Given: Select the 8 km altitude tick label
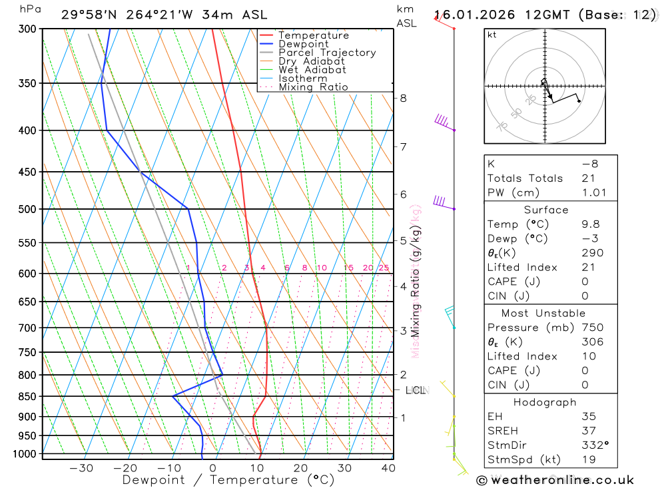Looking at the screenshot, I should (403, 98).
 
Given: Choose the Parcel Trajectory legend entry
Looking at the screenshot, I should (327, 53).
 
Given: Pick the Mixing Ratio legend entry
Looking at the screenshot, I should (313, 87).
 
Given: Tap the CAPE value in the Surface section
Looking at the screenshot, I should (585, 282).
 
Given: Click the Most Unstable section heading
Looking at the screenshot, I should (543, 313).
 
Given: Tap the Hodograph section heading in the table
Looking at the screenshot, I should (545, 402).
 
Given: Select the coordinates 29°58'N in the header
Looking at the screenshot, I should (91, 15).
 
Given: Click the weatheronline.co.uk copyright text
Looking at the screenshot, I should (555, 480).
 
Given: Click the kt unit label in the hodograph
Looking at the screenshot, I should (492, 35).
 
